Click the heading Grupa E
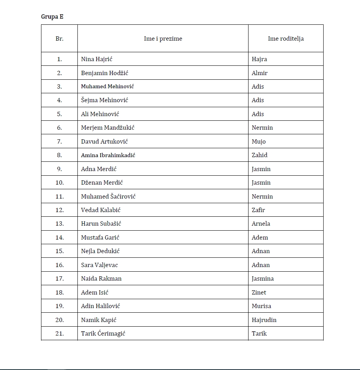tap(52, 17)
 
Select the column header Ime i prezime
tap(163, 39)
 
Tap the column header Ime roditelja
tap(286, 39)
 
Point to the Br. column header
tap(59, 39)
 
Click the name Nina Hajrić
tap(96, 59)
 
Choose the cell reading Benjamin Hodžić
tap(105, 73)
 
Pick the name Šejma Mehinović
tap(105, 100)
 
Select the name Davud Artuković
tap(105, 141)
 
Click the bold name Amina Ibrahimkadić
tap(108, 155)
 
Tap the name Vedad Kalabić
tap(101, 210)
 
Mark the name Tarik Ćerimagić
tap(103, 333)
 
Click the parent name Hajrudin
tap(264, 320)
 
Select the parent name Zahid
tap(259, 155)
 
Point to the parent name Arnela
tap(261, 224)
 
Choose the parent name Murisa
tap(261, 306)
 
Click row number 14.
tap(59, 237)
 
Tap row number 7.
tap(59, 141)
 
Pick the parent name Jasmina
tap(262, 279)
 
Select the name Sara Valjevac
tap(99, 265)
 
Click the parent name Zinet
tap(259, 292)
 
